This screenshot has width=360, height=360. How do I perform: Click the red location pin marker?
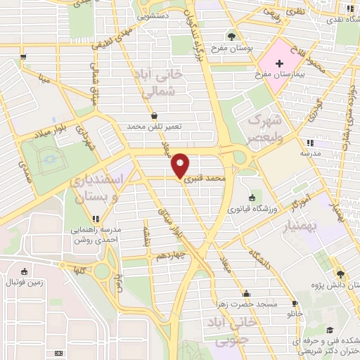[180, 165]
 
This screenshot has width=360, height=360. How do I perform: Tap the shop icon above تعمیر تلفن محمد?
[154, 116]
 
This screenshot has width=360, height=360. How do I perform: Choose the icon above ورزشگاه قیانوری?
[252, 197]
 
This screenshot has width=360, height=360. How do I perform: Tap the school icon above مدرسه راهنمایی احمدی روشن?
[96, 219]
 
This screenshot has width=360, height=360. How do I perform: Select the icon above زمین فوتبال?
[24, 272]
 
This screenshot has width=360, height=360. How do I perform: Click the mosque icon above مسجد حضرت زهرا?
[246, 295]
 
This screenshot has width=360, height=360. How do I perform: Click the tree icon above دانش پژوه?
[340, 274]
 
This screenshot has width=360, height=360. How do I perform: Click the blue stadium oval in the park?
[50, 160]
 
